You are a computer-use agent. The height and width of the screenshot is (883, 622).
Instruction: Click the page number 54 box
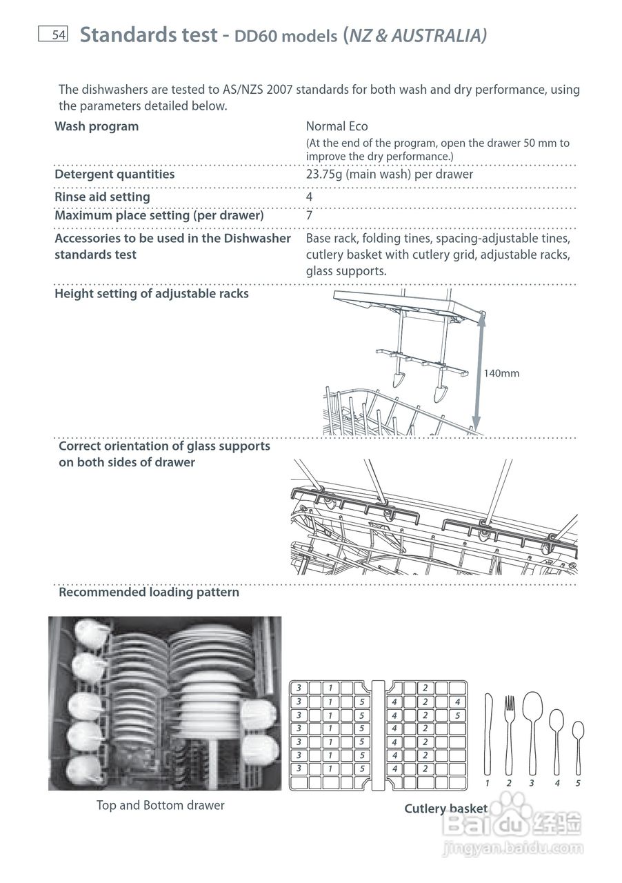pyautogui.click(x=52, y=34)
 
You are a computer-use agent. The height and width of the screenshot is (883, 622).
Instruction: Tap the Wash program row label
pyautogui.click(x=97, y=126)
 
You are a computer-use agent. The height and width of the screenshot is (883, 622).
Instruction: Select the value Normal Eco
pyautogui.click(x=337, y=126)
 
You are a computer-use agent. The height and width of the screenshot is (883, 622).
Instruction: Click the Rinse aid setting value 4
pyautogui.click(x=310, y=197)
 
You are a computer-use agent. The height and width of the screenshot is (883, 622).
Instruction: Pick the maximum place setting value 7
pyautogui.click(x=310, y=215)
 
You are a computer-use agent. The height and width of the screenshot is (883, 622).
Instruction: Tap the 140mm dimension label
pyautogui.click(x=501, y=373)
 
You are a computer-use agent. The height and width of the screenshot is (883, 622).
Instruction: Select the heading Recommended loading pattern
pyautogui.click(x=149, y=592)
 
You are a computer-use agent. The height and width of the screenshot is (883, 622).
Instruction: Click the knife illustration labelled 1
pyautogui.click(x=488, y=734)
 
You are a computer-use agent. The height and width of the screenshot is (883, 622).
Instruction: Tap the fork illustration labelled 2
pyautogui.click(x=510, y=734)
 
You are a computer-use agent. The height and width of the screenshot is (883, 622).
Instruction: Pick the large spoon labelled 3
pyautogui.click(x=532, y=731)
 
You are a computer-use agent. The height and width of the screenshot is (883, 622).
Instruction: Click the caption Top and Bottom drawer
pyautogui.click(x=161, y=805)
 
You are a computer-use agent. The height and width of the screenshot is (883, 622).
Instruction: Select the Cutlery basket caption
pyautogui.click(x=445, y=808)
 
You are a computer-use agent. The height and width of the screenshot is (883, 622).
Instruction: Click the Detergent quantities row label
pyautogui.click(x=114, y=174)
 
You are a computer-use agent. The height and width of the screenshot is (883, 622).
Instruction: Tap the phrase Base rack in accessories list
pyautogui.click(x=330, y=238)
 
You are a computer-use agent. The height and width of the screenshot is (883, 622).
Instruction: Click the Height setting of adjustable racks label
pyautogui.click(x=152, y=293)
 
